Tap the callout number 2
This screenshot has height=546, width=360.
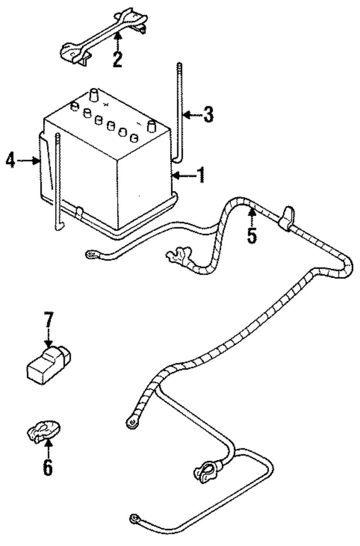tap(117, 59)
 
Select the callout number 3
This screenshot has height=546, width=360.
tap(208, 115)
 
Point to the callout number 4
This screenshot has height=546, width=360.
tap(10, 160)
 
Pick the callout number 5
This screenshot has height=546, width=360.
tap(252, 236)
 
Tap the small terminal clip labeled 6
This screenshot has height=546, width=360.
tap(43, 430)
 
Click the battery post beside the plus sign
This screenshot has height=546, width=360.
tap(94, 96)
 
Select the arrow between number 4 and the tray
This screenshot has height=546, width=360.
tap(28, 161)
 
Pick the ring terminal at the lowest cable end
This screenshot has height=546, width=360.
tap(134, 519)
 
